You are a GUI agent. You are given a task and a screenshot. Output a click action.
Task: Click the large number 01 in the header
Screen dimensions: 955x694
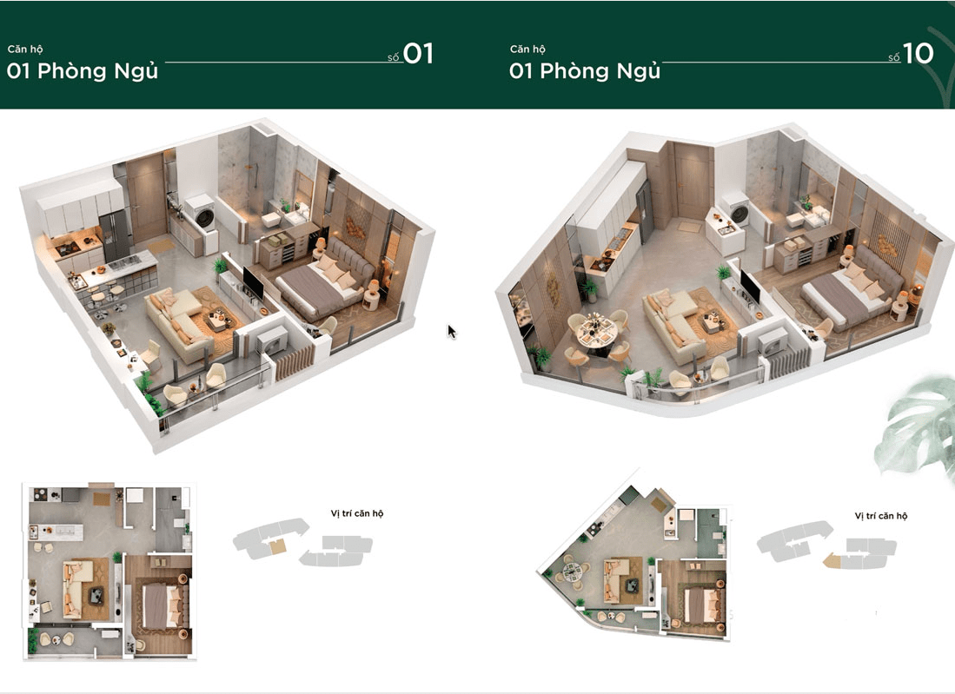coord(418,54)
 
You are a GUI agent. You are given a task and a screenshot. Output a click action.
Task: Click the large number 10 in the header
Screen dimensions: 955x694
coord(918,54)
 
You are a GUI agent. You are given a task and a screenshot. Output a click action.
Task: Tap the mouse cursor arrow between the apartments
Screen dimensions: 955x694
coord(451,332)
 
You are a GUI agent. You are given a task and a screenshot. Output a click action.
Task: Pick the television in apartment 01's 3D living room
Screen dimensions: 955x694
coord(253,282)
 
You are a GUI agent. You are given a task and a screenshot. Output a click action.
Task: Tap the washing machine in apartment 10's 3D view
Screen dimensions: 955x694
coord(736,210)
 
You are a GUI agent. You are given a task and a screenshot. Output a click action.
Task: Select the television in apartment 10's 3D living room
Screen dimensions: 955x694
coord(750,286)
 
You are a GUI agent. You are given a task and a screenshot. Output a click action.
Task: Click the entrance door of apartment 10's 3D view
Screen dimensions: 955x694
coord(693,181)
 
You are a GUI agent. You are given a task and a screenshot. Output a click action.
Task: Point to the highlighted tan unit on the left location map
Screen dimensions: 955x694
coord(278,546)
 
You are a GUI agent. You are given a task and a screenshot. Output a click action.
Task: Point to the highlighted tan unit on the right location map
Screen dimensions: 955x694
coord(832,560)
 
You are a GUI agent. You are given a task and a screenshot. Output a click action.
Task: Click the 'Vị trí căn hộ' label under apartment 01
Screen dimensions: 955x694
coord(357,514)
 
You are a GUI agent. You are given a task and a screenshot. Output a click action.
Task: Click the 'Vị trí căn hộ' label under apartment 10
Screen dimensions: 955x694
coord(880,516)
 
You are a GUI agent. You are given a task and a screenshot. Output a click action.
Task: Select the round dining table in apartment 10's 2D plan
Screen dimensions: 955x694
coord(572,571)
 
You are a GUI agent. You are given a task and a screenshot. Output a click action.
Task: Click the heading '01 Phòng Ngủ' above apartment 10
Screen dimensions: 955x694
coord(585,71)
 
